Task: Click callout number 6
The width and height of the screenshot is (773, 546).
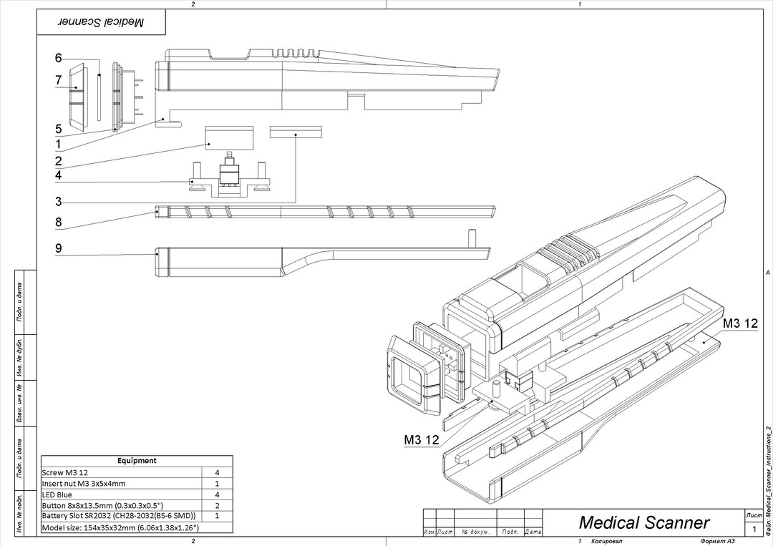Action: coord(59,58)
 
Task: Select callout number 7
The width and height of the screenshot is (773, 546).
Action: coord(59,81)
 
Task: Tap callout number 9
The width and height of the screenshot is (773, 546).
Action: coord(59,248)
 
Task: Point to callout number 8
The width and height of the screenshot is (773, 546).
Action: coord(59,223)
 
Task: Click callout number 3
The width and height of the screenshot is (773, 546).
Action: coord(59,202)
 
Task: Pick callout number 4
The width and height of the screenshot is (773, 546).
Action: coord(59,175)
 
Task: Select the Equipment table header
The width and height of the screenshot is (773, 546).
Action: coord(136,461)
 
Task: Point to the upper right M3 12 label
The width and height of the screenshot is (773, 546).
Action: coord(739,324)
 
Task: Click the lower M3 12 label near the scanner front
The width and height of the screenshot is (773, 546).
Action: coord(422,440)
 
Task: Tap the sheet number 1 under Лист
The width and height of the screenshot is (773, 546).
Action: coord(754,530)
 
